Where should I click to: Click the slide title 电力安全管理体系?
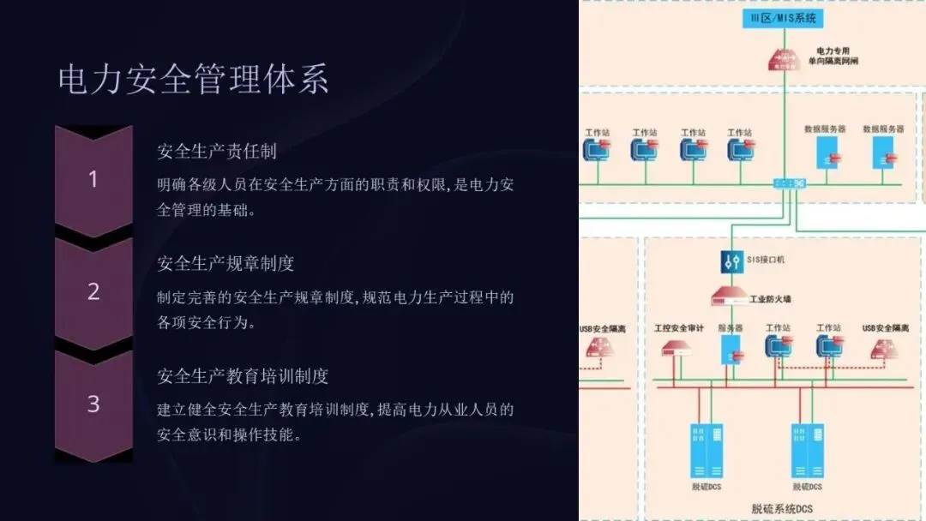pos(194,80)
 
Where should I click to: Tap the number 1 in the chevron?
pos(93,179)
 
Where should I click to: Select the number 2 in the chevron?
pos(93,291)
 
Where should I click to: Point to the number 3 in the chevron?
pos(93,404)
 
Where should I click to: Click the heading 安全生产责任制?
pos(217,152)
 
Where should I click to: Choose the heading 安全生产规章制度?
pos(225,263)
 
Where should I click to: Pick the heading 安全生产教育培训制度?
pos(243,375)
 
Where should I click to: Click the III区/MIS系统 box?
pos(782,18)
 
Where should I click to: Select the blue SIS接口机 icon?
pos(731,261)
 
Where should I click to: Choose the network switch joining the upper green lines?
pos(788,183)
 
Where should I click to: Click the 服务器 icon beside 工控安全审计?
pos(730,347)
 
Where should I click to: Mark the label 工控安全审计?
pos(678,328)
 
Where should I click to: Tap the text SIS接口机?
pos(766,259)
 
